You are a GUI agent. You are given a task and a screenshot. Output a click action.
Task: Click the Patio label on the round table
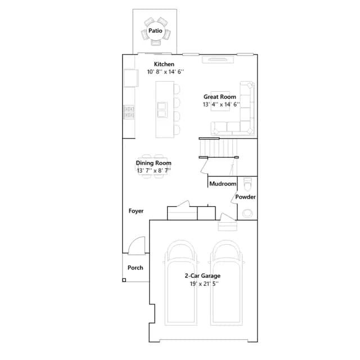[155, 30]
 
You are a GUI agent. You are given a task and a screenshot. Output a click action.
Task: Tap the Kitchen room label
[164, 64]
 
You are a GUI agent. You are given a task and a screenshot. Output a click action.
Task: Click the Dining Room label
[154, 163]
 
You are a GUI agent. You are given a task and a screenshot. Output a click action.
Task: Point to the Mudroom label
[223, 184]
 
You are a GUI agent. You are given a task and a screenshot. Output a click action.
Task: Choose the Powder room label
[245, 197]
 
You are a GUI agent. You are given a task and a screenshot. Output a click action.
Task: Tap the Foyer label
[136, 211]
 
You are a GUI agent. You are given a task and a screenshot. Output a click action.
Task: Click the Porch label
[135, 268]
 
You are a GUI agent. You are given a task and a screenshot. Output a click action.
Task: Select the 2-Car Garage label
[202, 276]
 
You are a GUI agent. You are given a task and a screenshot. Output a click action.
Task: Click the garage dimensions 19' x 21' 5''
[204, 283]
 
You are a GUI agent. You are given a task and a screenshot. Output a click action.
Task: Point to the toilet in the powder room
[247, 184]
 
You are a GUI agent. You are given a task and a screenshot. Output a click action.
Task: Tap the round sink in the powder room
[247, 213]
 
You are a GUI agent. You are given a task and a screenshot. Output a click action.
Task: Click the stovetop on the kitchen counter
[129, 112]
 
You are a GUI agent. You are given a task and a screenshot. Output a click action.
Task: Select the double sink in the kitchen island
[162, 110]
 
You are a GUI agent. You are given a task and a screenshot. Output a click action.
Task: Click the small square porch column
[124, 280]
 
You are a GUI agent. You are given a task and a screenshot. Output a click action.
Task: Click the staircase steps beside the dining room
[219, 148]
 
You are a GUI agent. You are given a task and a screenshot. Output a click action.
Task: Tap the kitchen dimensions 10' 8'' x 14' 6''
[165, 72]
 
